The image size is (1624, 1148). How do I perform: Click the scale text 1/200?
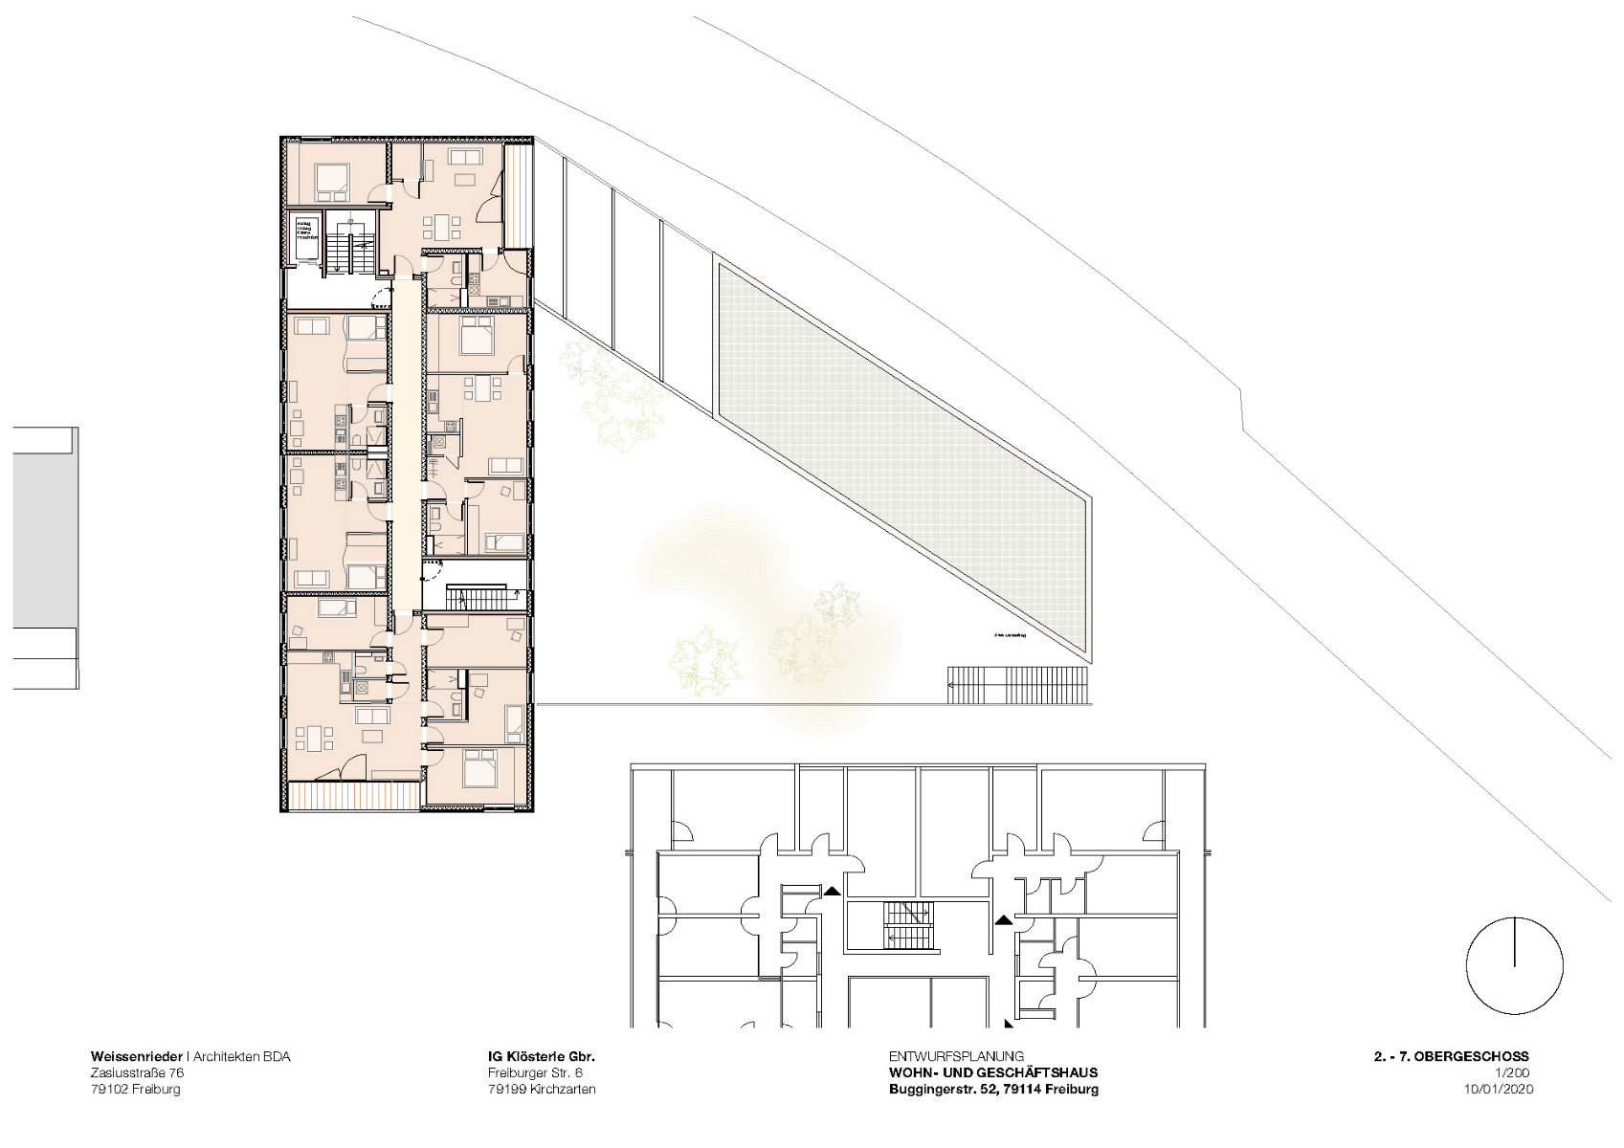point(1513,1073)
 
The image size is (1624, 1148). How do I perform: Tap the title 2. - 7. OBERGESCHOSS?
point(1450,1057)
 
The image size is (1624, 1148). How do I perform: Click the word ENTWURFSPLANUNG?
point(955,1057)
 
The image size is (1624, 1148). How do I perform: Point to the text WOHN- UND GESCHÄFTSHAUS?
point(992,1073)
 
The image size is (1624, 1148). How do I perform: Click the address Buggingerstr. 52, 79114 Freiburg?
point(992,1090)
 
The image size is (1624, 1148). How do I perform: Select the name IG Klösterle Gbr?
point(541,1057)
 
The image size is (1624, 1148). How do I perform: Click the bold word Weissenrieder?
point(137,1057)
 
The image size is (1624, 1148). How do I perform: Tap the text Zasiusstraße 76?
point(137,1073)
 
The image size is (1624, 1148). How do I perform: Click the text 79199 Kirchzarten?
point(541,1090)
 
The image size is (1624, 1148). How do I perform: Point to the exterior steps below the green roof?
point(1018,685)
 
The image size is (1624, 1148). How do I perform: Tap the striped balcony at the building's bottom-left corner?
point(354,796)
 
